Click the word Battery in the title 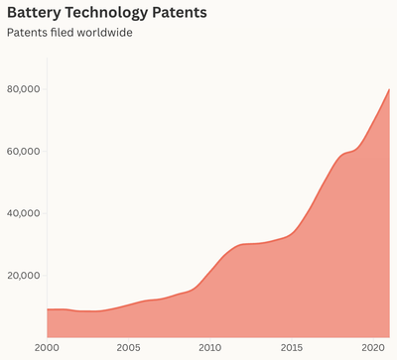(x=34, y=13)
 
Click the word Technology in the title (x=106, y=14)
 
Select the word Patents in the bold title (x=180, y=13)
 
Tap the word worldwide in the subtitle (x=104, y=33)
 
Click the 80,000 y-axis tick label (x=23, y=89)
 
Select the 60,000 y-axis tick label (x=23, y=152)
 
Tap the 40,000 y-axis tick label (x=23, y=213)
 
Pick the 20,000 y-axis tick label (x=24, y=276)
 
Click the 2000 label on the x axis (x=48, y=347)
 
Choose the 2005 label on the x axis (x=128, y=347)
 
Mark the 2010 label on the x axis (x=210, y=347)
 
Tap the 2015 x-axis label (x=292, y=347)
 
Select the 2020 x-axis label (x=373, y=347)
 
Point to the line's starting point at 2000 (x=48, y=309)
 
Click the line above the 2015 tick (x=292, y=233)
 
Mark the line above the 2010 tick (x=210, y=272)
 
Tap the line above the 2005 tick (x=128, y=304)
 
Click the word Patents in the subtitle (x=28, y=33)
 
